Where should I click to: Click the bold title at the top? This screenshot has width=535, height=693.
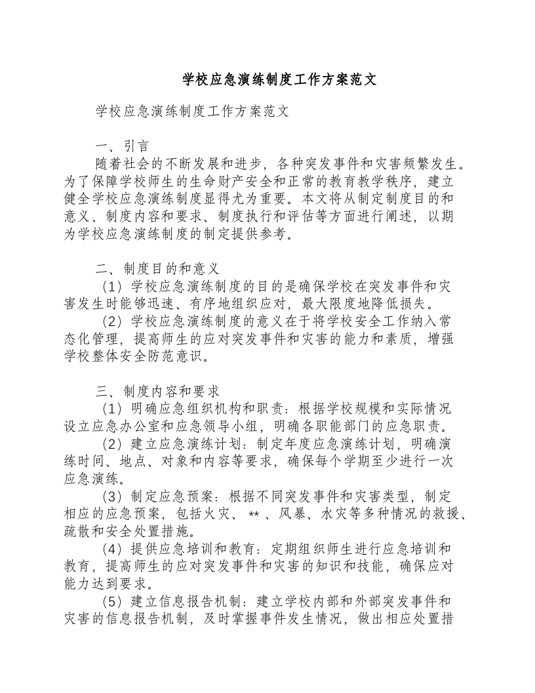click(x=279, y=80)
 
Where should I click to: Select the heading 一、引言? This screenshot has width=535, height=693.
click(x=123, y=146)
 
